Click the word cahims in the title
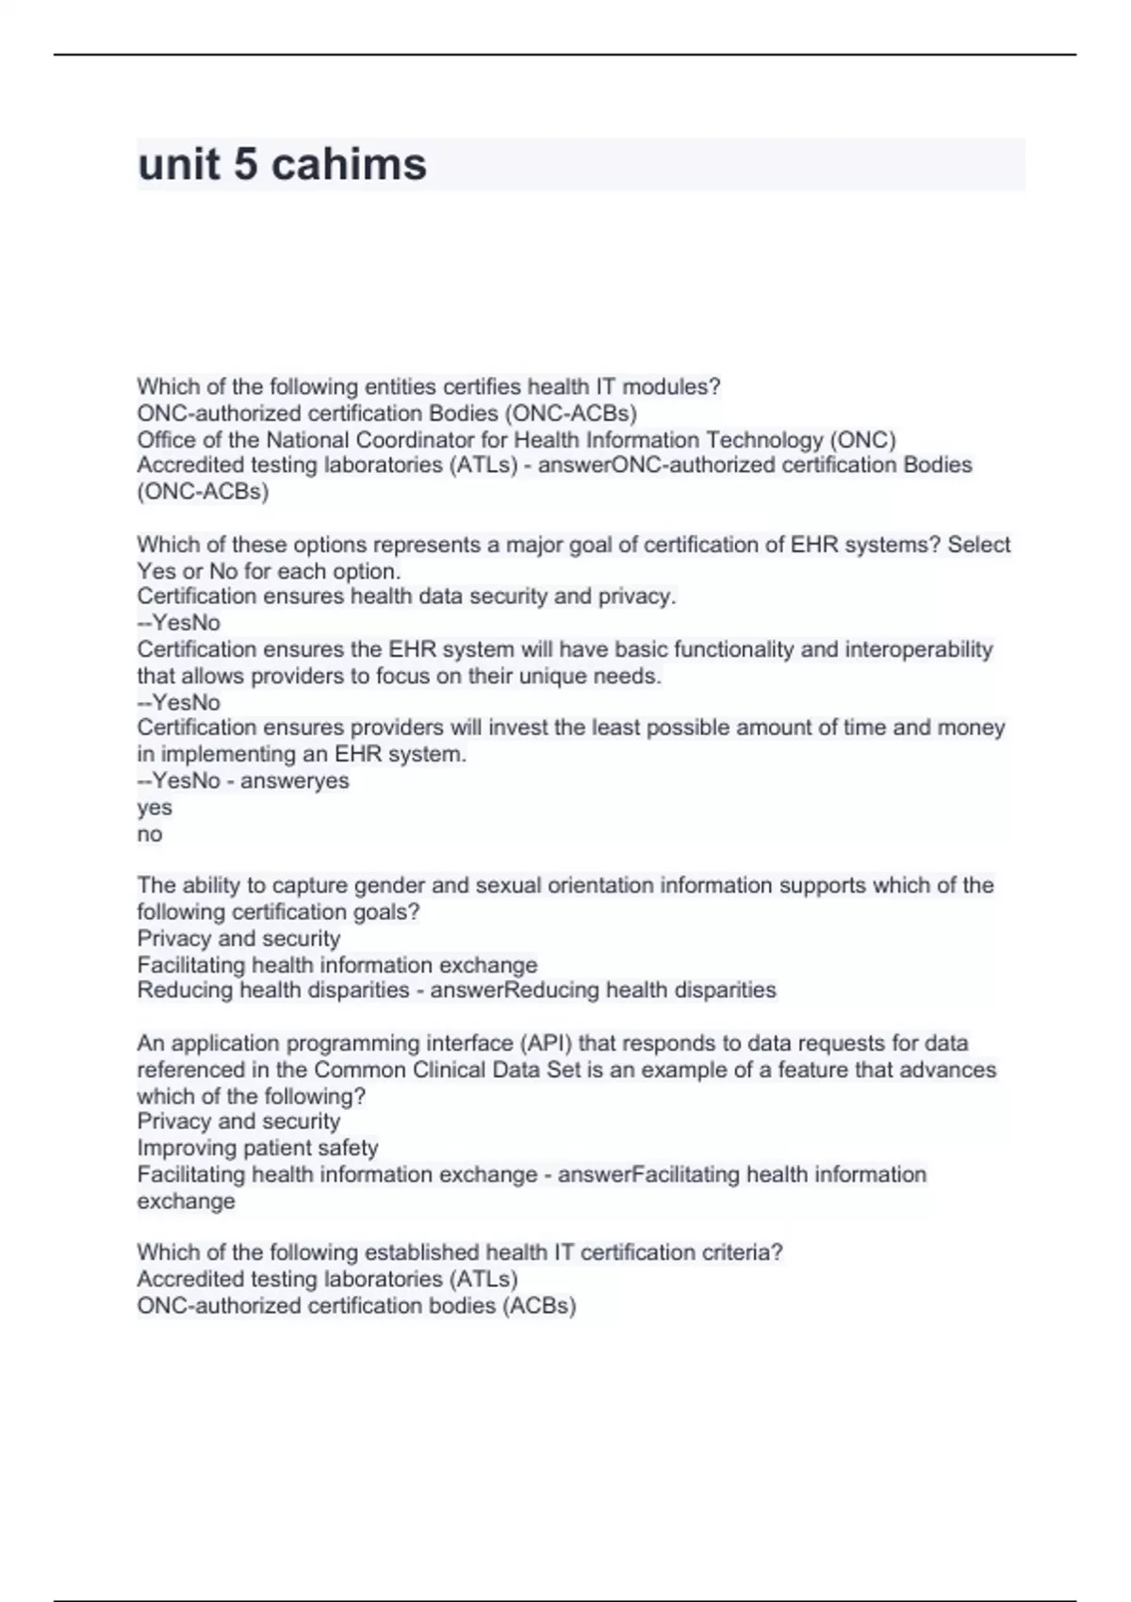(x=349, y=164)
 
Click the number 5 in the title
(x=245, y=164)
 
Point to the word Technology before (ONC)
(x=764, y=439)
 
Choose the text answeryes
(x=295, y=780)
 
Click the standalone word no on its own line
(x=150, y=834)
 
